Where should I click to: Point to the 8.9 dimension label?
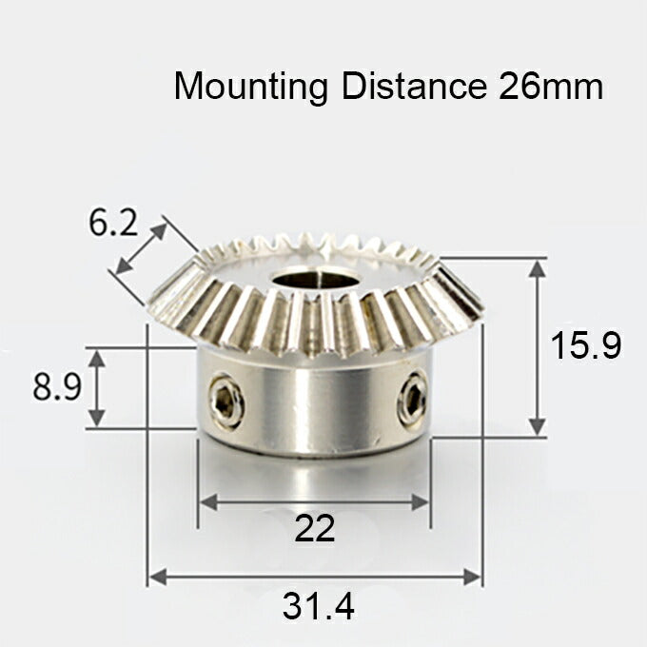pyautogui.click(x=56, y=388)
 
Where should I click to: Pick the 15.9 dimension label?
pyautogui.click(x=586, y=345)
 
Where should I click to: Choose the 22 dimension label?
pyautogui.click(x=315, y=529)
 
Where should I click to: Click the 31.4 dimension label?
pyautogui.click(x=318, y=606)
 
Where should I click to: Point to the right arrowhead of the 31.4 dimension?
pyautogui.click(x=473, y=577)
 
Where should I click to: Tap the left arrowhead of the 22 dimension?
pyautogui.click(x=206, y=502)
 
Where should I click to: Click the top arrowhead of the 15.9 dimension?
pyautogui.click(x=538, y=267)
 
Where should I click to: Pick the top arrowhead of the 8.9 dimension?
pyautogui.click(x=97, y=356)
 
